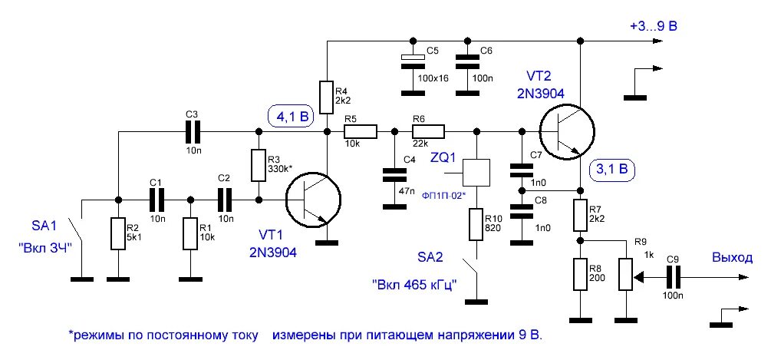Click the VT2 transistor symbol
pos(568,132)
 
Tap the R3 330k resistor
pos(259,165)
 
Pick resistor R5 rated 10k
pos(361,132)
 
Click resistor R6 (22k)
pos(428,132)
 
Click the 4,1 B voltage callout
pos(291,117)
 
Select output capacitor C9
pos(674,276)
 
